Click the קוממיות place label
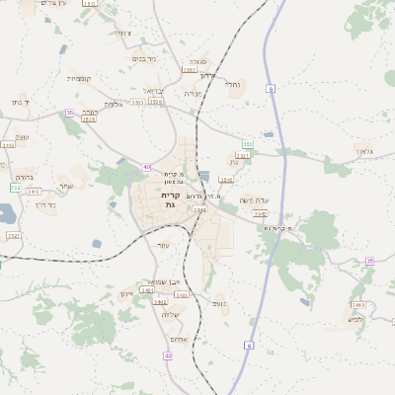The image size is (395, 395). (x=79, y=78)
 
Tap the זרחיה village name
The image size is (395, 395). (x=120, y=34)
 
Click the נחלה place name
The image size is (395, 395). (x=233, y=85)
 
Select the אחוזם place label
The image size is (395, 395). (x=192, y=339)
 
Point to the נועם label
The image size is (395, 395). (x=218, y=303)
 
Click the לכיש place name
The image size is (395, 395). (x=355, y=318)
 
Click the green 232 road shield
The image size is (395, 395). (x=15, y=187)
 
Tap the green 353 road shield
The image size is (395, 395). (x=248, y=144)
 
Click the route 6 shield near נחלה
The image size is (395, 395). (x=270, y=89)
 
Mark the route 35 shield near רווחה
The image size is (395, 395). (x=69, y=113)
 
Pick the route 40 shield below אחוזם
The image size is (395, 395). (x=169, y=355)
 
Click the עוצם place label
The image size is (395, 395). (x=164, y=246)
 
